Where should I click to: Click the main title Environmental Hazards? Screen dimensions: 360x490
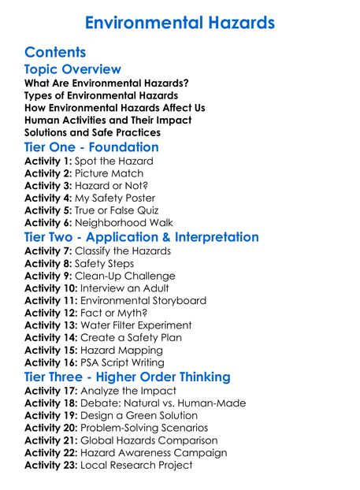180,21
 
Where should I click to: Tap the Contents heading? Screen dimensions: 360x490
55,53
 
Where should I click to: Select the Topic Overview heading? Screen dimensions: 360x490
72,70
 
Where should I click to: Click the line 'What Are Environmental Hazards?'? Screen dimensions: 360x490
106,84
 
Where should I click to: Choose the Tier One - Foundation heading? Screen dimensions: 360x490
91,148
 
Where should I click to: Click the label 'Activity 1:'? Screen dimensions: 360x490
48,161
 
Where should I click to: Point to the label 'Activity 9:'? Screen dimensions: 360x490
48,276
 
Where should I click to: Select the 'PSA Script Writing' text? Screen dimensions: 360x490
127,362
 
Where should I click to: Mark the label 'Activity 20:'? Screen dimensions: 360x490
51,428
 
